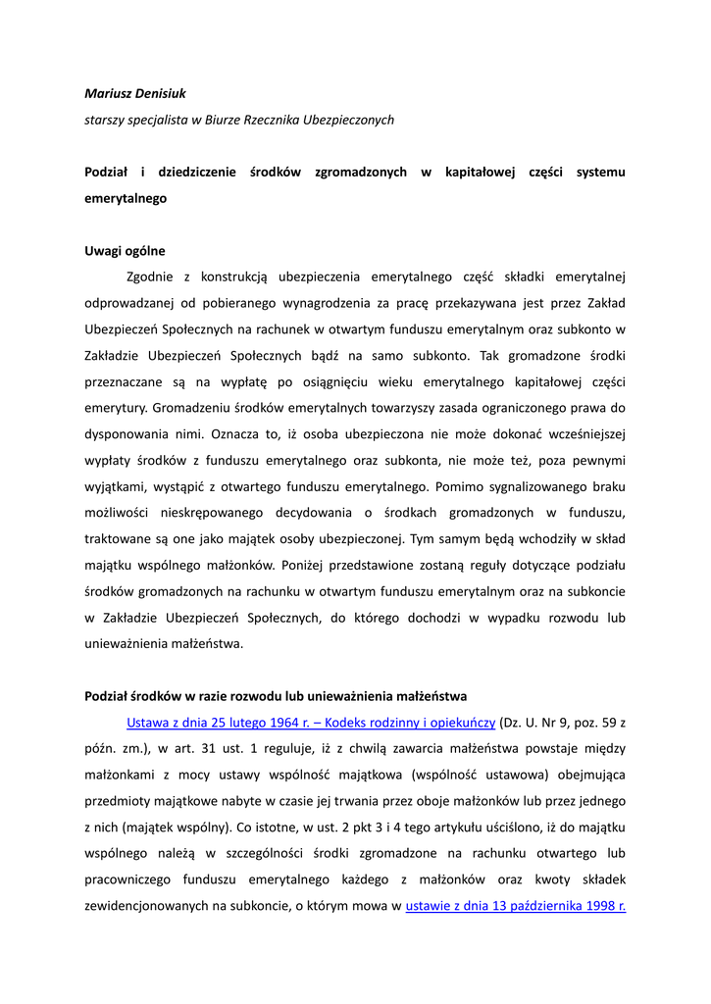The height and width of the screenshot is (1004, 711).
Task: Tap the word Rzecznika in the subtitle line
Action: point(282,120)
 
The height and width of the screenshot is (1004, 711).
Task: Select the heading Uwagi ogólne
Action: point(125,250)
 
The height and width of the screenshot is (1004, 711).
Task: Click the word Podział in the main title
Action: point(106,172)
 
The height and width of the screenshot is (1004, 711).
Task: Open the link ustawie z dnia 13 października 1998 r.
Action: point(515,906)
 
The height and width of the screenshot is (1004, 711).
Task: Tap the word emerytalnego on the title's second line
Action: point(126,197)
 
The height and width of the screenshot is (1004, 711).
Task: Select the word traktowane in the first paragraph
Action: point(117,538)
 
